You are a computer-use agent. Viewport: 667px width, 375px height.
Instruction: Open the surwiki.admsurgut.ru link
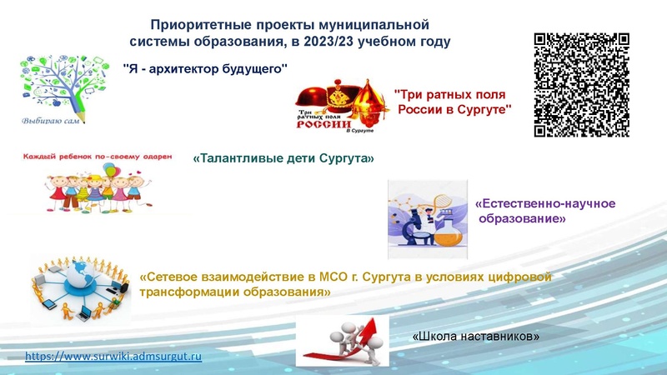(x=114, y=357)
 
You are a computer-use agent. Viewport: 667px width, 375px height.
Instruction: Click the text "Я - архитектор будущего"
(x=205, y=67)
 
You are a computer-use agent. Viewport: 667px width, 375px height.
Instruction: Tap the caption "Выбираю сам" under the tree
(x=50, y=121)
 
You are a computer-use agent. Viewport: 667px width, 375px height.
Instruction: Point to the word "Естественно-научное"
(x=544, y=204)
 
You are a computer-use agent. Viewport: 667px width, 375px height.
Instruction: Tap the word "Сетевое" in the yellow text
(x=170, y=277)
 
